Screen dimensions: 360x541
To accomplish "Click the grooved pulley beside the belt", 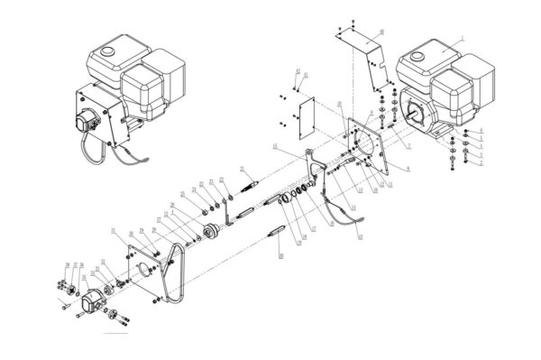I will coord(212,234).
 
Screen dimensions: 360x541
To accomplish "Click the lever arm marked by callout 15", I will coord(311,168).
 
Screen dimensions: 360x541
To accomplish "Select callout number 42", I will coord(361,240).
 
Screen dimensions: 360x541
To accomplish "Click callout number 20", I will coord(281,257).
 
